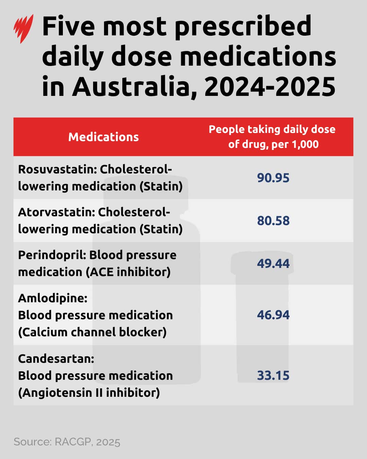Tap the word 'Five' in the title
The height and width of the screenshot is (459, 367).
click(68, 27)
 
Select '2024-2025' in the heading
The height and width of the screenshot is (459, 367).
click(270, 86)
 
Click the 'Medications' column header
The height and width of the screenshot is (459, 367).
click(103, 137)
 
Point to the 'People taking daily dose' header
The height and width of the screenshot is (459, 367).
click(272, 130)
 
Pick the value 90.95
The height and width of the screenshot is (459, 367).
click(273, 178)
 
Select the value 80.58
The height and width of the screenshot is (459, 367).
click(273, 221)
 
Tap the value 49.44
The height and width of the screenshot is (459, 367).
click(273, 263)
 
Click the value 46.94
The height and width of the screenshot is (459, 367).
click(273, 315)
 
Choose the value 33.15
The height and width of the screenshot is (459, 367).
click(273, 375)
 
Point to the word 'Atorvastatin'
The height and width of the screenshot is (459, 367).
click(55, 212)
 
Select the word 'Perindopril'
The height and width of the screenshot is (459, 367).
click(50, 255)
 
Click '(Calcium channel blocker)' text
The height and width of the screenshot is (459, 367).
click(92, 332)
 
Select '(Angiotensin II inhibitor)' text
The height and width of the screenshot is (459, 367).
click(89, 393)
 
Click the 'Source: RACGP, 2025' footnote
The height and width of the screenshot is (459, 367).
click(67, 442)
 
